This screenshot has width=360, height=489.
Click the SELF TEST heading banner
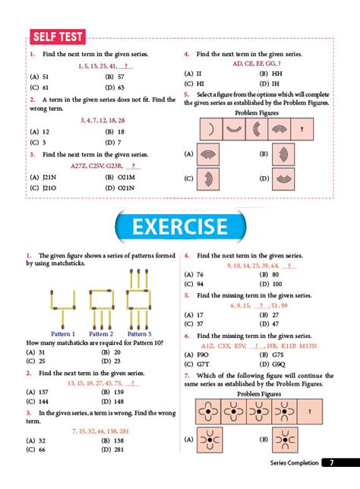(x=57, y=36)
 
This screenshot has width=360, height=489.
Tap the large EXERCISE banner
(x=179, y=226)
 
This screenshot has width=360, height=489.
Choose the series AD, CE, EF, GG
(x=257, y=64)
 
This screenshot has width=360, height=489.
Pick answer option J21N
(x=47, y=176)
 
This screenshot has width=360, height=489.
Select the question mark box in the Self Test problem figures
(x=302, y=130)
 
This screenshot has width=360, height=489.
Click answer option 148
(x=120, y=401)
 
